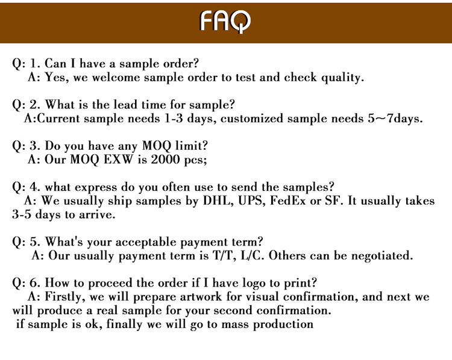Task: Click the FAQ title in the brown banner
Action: [x=225, y=21]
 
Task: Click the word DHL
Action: [x=218, y=200]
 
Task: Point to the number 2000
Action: [x=165, y=160]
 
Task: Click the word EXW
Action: [x=119, y=160]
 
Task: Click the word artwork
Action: [x=201, y=297]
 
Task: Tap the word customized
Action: [x=252, y=119]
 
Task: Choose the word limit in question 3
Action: [x=192, y=146]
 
